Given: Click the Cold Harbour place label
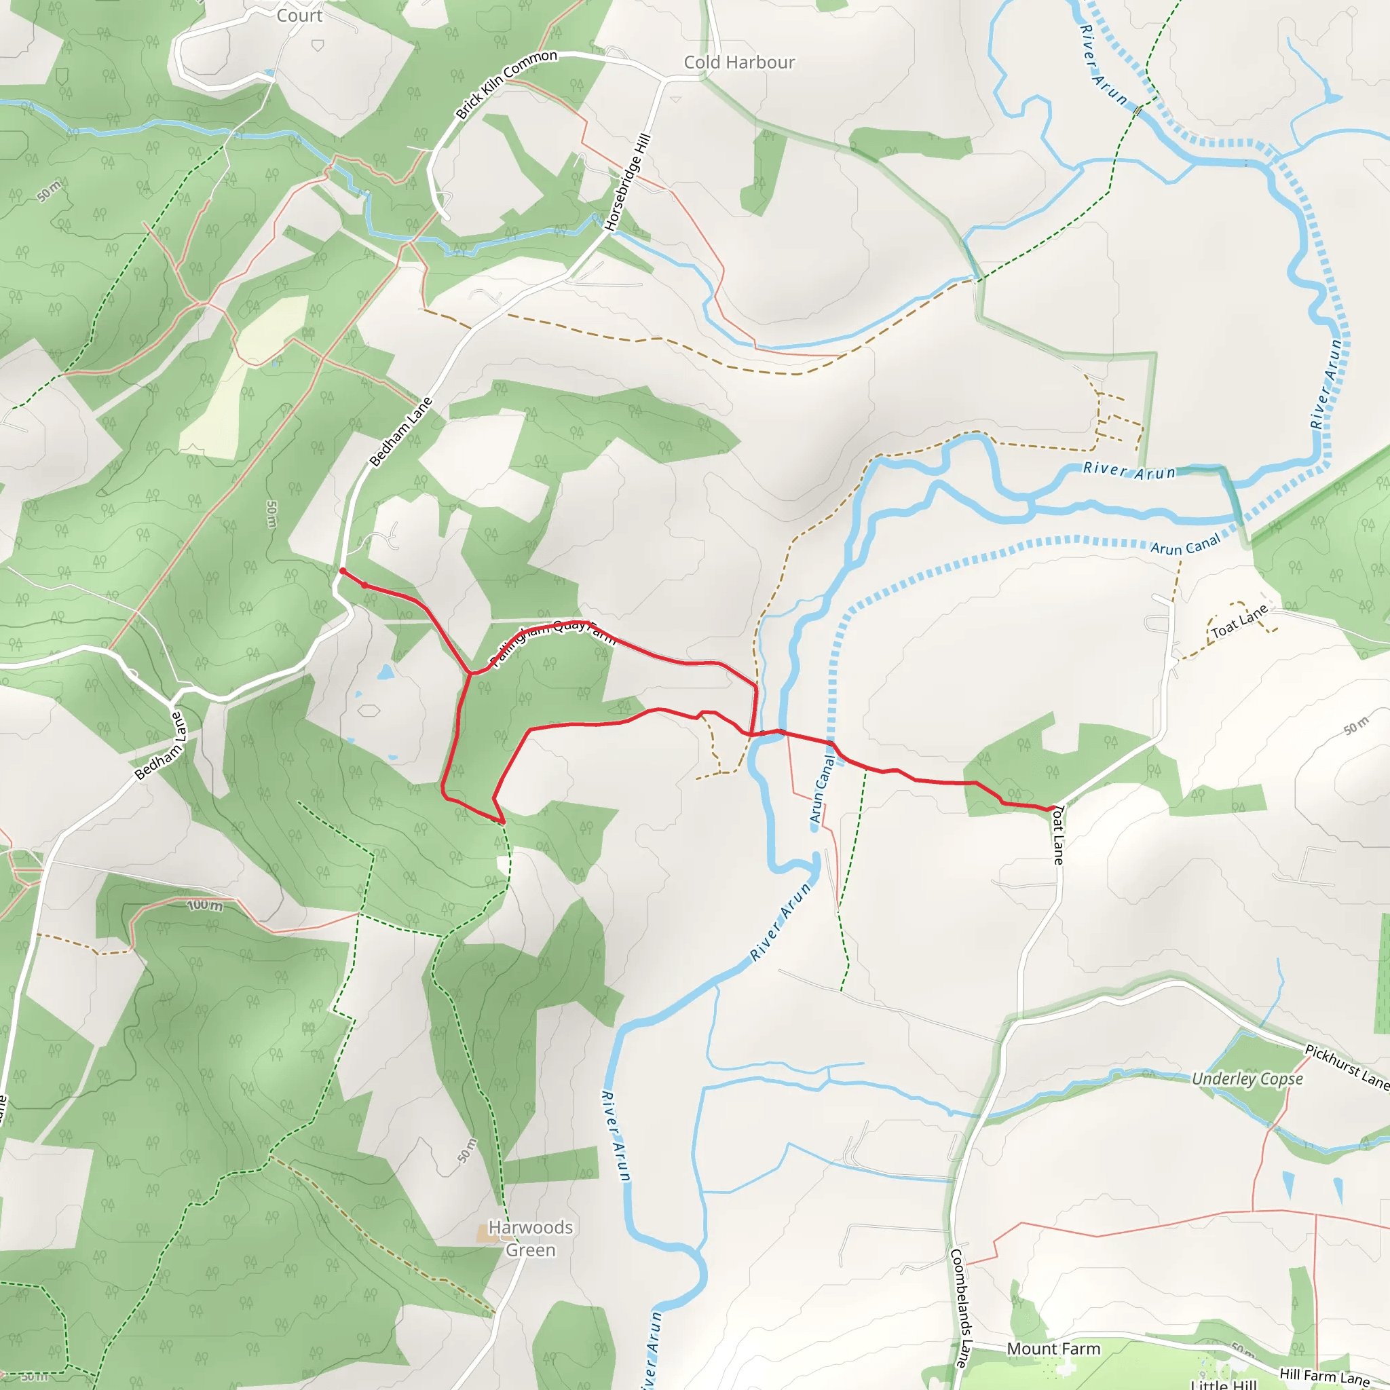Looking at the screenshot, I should [739, 62].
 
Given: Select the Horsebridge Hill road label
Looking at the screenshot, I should [628, 182].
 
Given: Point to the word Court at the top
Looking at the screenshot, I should [299, 15].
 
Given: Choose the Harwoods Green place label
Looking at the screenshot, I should [531, 1238].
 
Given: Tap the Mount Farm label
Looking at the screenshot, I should [1053, 1349].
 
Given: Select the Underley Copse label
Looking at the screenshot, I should [1247, 1079].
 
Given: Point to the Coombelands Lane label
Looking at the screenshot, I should [960, 1307].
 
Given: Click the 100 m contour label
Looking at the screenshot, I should [205, 905].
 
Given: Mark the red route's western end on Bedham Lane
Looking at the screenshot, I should [343, 571].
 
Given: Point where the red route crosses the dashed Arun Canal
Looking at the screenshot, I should [831, 743].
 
